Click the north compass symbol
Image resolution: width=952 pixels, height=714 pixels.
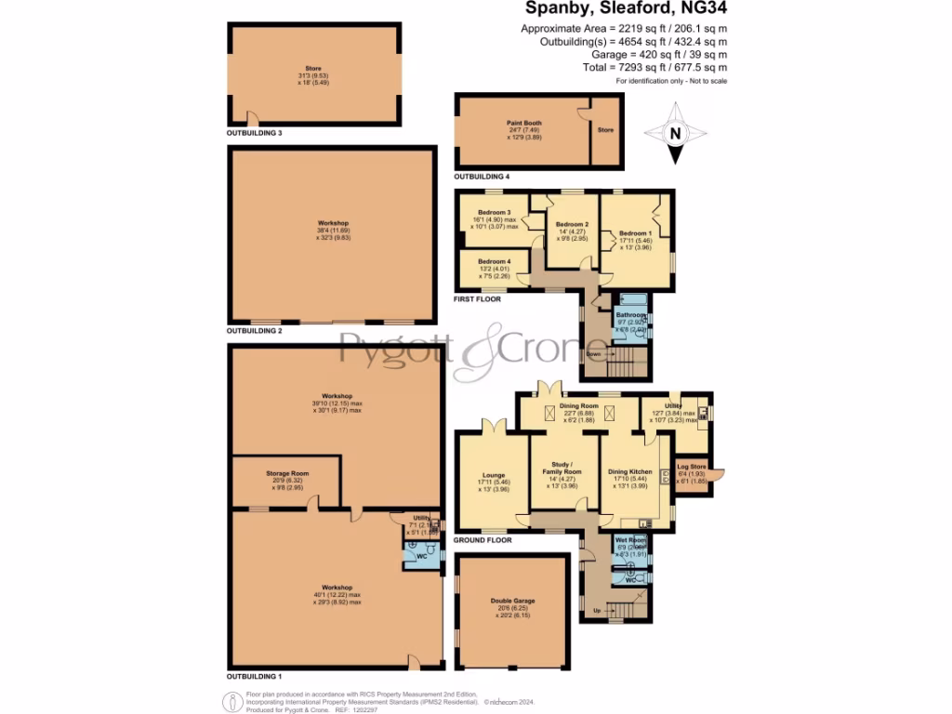coord(676,133)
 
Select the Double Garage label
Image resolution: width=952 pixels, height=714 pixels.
coord(512,602)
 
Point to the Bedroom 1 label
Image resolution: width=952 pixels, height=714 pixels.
coord(636,233)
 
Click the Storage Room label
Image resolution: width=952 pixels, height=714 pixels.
coord(287,473)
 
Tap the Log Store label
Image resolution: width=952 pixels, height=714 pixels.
coord(691,466)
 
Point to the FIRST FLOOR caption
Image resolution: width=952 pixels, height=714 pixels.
coord(478,299)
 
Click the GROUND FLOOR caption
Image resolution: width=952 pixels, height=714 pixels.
coord(483,539)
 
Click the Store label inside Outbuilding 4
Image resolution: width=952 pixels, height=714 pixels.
coord(605,130)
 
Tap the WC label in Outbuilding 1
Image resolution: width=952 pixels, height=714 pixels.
coord(420,556)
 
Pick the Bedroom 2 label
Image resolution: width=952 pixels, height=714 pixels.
coord(571,225)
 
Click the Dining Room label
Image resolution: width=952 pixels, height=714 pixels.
coord(578,406)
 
